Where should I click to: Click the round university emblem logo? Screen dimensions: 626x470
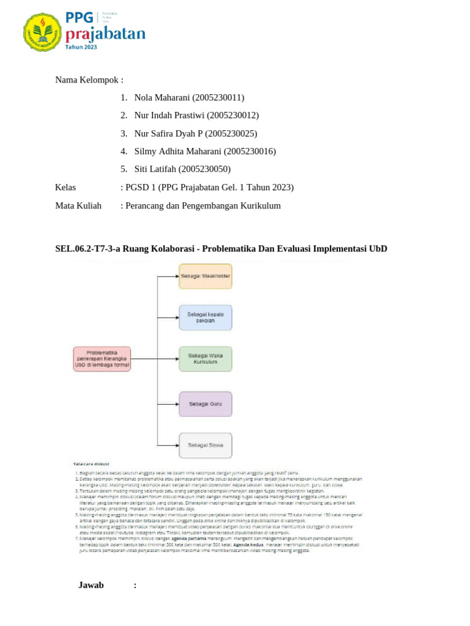pyautogui.click(x=42, y=32)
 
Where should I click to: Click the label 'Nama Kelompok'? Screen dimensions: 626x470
pyautogui.click(x=89, y=79)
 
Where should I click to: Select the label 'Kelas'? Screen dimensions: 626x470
pyautogui.click(x=65, y=187)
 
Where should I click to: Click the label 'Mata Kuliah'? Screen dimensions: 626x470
pyautogui.click(x=78, y=205)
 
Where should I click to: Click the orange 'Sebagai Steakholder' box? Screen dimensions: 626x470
pyautogui.click(x=206, y=276)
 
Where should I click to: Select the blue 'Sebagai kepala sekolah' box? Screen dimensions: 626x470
pyautogui.click(x=206, y=317)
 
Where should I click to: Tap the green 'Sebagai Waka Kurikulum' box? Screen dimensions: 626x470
pyautogui.click(x=206, y=359)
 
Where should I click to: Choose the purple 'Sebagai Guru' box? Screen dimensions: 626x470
pyautogui.click(x=206, y=403)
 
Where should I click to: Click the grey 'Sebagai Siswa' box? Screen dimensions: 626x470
pyautogui.click(x=206, y=445)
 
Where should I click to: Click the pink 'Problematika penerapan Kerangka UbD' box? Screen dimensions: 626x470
pyautogui.click(x=102, y=359)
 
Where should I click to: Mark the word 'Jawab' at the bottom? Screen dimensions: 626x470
pyautogui.click(x=91, y=585)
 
